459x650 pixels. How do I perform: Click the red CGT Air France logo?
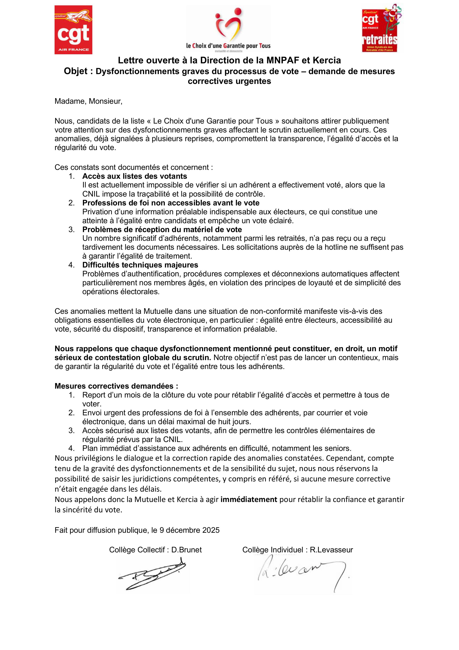click(x=73, y=30)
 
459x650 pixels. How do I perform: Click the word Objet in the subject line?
click(x=75, y=71)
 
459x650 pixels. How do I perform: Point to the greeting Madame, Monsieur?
click(x=88, y=101)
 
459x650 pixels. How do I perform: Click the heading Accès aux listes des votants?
click(x=135, y=176)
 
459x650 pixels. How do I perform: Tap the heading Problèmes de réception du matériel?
click(x=162, y=229)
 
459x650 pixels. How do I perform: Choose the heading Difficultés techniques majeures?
click(x=140, y=265)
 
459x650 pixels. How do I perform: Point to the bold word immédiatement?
click(x=249, y=499)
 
